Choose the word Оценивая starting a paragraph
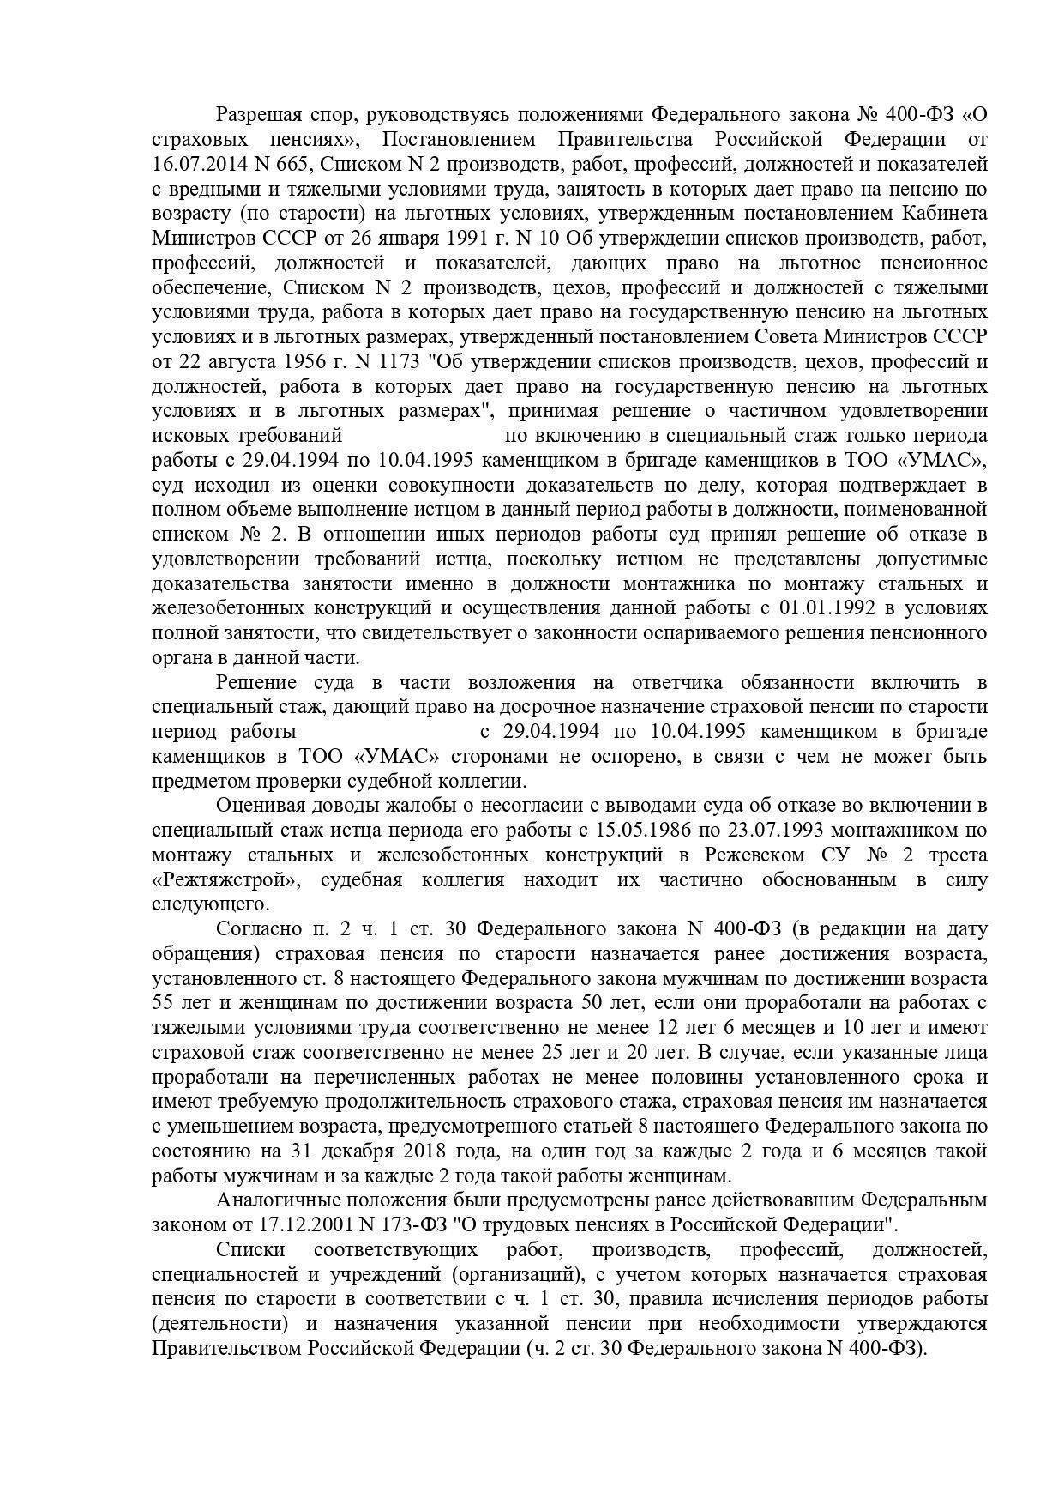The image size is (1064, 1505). click(259, 806)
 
